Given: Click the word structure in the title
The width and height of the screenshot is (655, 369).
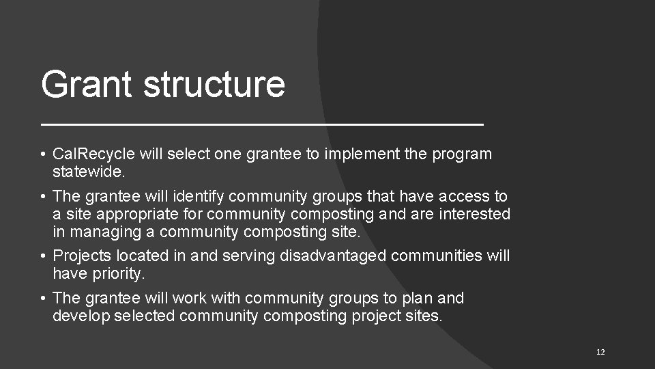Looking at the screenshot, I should pos(214,84).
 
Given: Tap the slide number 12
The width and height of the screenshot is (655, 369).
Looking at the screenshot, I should pos(600,352).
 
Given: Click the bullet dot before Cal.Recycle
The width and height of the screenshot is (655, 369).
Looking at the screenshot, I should pos(43,154).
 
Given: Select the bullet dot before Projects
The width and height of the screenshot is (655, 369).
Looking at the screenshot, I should pos(43,257).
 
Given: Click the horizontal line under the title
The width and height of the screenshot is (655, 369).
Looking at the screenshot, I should pos(262,125).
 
